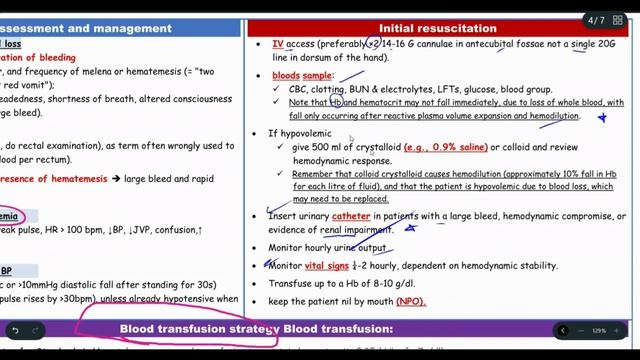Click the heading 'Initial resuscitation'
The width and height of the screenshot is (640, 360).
point(437,28)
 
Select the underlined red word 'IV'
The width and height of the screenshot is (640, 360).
point(278,45)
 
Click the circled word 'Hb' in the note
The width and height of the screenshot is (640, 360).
point(337,102)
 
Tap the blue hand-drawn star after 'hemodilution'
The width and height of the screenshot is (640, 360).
point(601,117)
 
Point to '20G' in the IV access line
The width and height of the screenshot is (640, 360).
point(610,45)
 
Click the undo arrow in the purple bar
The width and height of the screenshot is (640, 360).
point(15,330)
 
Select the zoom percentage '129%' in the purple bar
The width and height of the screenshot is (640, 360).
point(599,330)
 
